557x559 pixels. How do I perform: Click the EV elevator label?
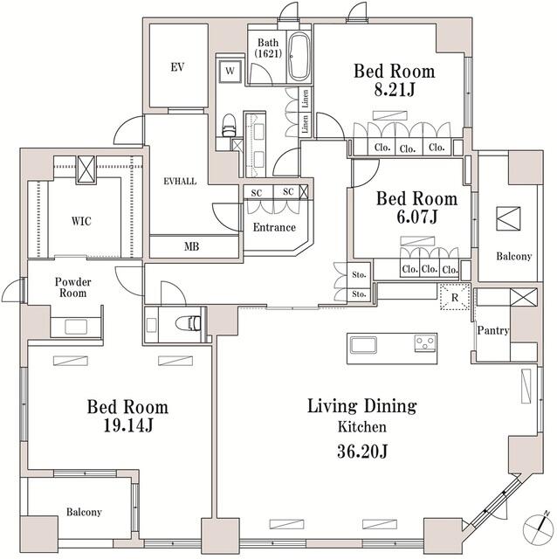tap(177, 66)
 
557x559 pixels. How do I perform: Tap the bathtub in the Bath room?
tap(297, 58)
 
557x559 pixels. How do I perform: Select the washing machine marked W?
tap(230, 69)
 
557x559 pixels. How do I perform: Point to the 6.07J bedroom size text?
tap(405, 217)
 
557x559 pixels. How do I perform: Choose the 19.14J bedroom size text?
tap(127, 426)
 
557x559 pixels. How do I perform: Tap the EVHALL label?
tap(179, 181)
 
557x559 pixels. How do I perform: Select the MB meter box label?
tap(191, 247)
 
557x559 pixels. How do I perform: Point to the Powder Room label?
tap(74, 287)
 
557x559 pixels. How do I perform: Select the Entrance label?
tap(272, 227)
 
